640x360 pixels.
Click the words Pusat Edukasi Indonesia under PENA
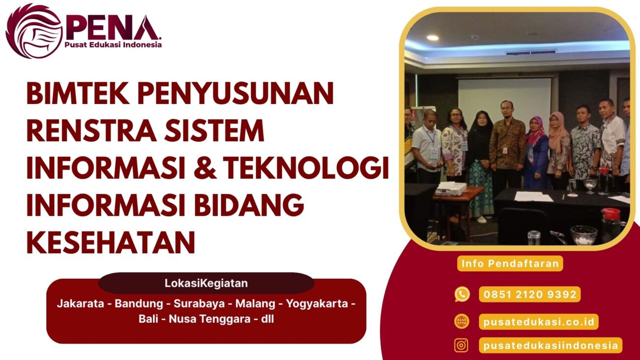pos(113,45)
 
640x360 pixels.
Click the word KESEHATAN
pos(111,243)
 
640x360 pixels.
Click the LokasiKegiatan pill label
pos(206,284)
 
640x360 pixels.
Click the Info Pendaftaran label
pos(510,263)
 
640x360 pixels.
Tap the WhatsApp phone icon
pos(462,295)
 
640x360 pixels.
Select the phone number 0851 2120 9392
pos(530,295)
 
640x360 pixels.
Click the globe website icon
pos(462,322)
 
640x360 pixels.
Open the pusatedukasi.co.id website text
pos(539,322)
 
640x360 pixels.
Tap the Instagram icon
pos(461,345)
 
